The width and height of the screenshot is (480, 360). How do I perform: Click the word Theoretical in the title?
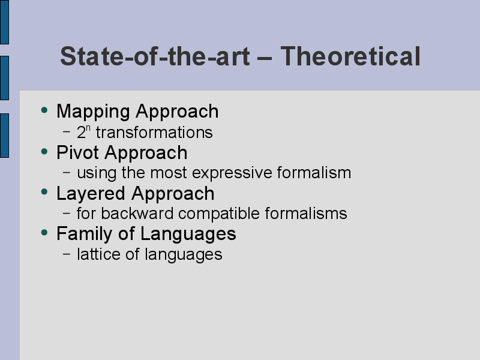pos(350,56)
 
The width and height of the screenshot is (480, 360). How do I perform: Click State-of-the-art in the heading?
pos(155,56)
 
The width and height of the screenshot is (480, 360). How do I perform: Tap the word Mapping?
pos(93,112)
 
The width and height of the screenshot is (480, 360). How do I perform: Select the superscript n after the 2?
pos(88,128)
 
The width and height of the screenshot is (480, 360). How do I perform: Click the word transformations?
pos(154,133)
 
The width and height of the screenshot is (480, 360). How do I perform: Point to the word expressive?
pos(232,173)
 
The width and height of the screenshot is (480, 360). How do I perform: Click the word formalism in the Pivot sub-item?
pos(314,172)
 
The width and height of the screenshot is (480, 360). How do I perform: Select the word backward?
pos(137,213)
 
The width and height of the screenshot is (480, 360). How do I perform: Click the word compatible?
pos(219,214)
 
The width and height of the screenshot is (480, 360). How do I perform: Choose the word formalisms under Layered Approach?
pos(306,213)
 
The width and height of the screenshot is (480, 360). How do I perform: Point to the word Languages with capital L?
pos(188,235)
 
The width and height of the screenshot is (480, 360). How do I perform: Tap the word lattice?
pos(98,254)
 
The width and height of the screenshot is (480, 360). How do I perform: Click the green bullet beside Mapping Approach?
pos(44,110)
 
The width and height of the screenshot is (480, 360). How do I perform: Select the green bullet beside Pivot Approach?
pos(44,151)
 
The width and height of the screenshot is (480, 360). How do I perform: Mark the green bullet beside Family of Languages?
pos(44,232)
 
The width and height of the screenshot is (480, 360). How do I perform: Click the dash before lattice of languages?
pos(67,254)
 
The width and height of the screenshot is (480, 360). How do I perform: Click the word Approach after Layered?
pos(173,194)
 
